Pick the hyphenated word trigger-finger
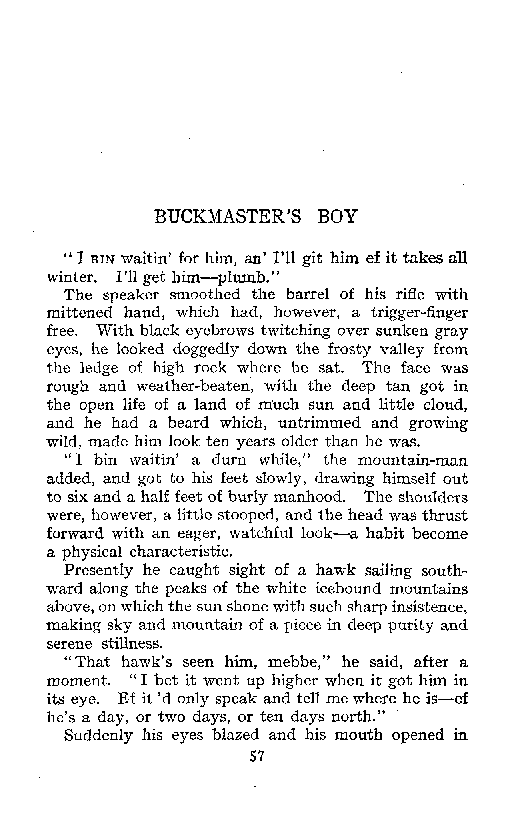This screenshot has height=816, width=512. [x=419, y=313]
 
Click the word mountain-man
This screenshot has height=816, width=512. [x=412, y=460]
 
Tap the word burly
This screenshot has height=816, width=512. [x=246, y=497]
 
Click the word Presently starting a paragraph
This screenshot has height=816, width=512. [x=98, y=570]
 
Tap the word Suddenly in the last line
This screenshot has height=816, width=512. [x=98, y=736]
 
